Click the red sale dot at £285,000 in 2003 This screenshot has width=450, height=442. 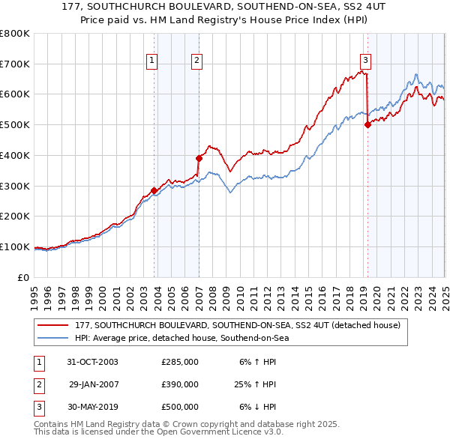point(154,190)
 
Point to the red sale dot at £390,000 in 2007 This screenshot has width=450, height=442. point(199,158)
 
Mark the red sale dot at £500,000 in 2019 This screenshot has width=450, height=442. point(367,125)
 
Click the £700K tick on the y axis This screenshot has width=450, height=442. point(15,64)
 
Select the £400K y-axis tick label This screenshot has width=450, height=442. point(15,155)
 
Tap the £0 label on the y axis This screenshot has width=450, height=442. point(24,277)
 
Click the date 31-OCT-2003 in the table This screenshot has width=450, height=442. point(92,362)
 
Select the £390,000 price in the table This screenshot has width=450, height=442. point(180,384)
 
